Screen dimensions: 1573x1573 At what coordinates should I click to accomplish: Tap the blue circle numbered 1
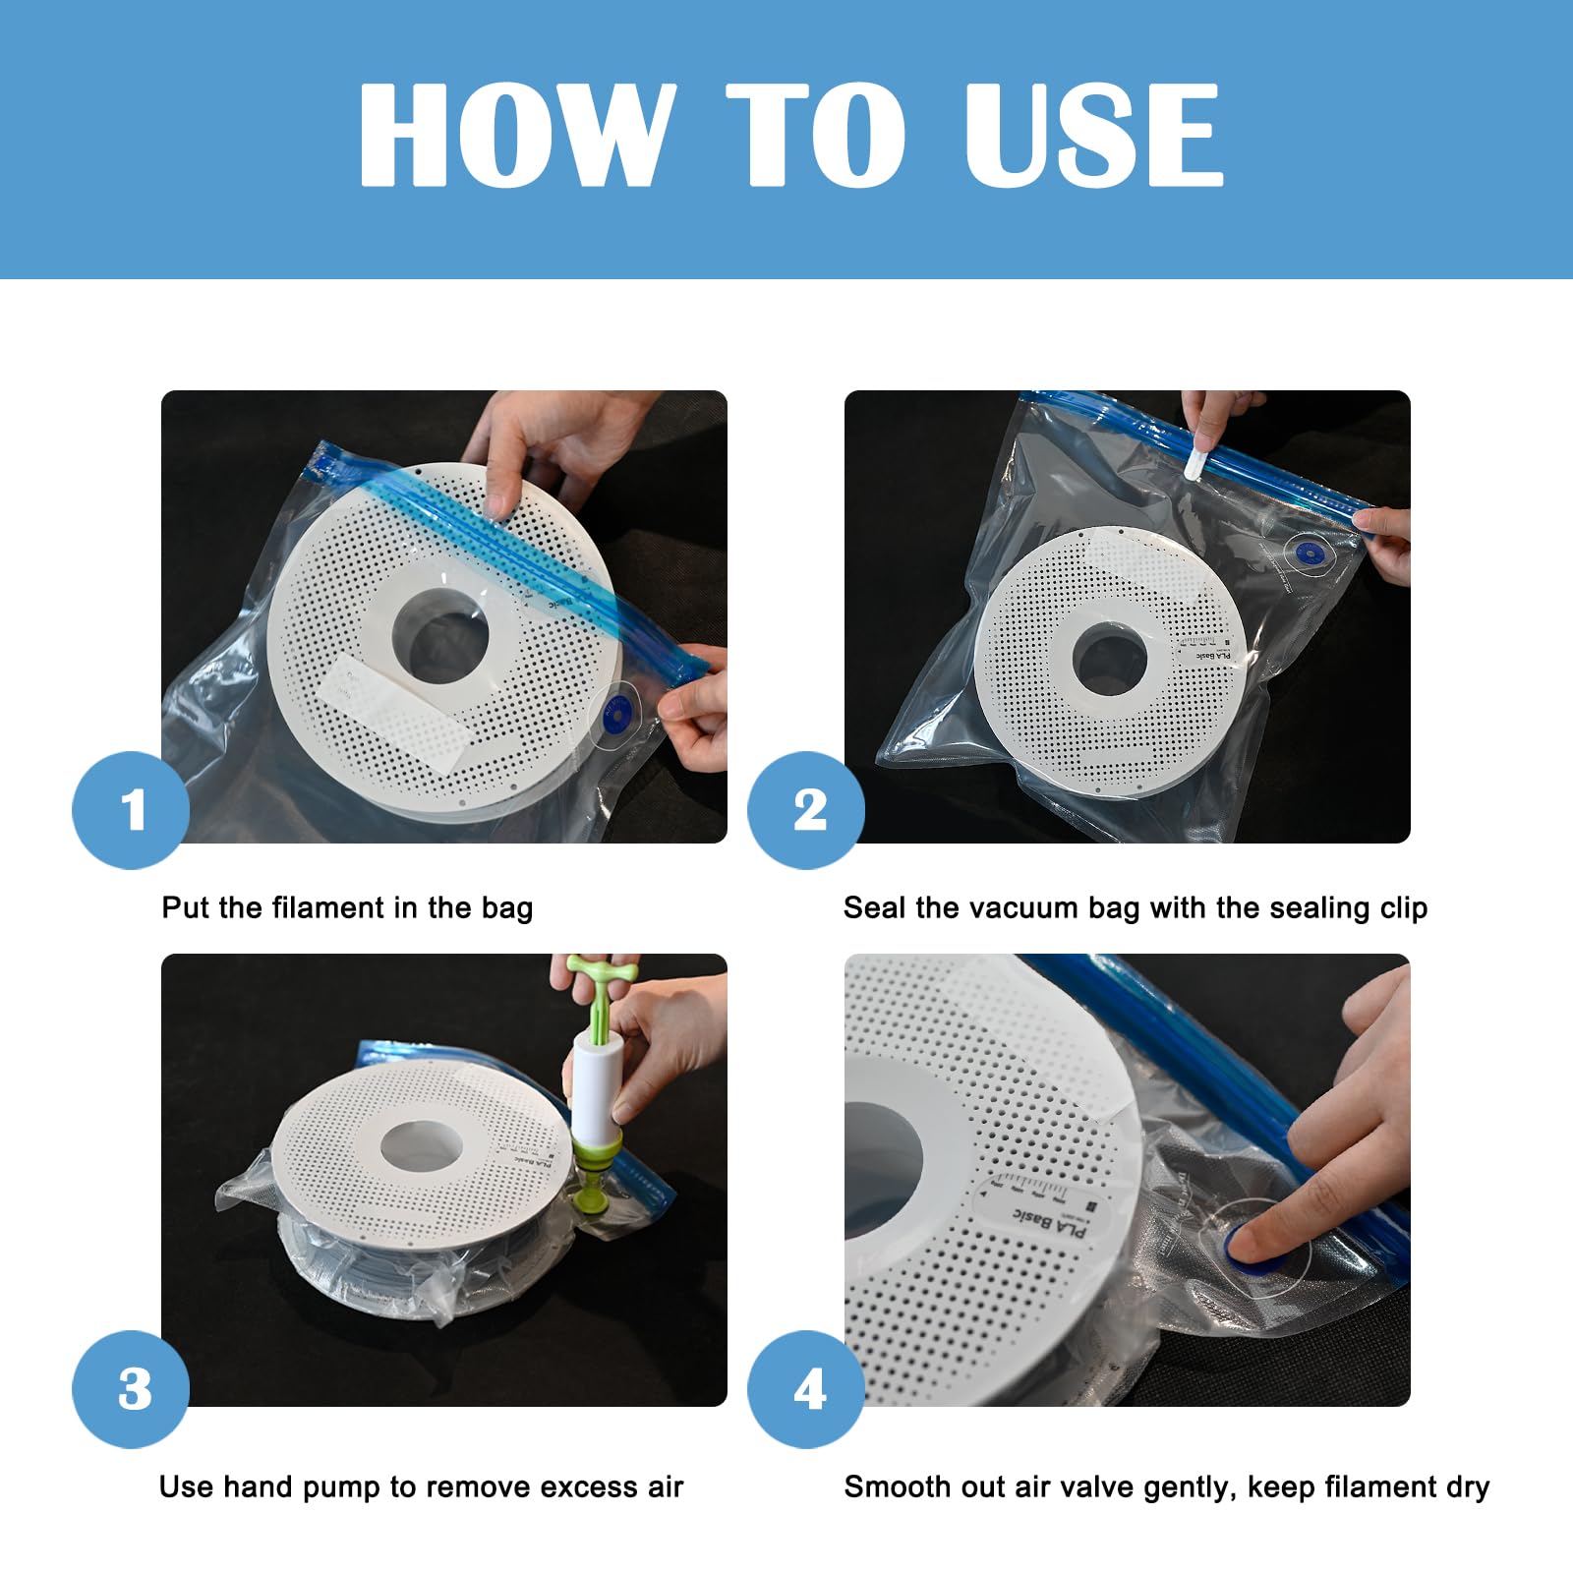click(x=131, y=810)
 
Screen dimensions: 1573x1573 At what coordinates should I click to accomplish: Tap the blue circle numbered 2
click(x=807, y=810)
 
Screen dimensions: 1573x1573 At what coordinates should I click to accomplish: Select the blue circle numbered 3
click(x=131, y=1389)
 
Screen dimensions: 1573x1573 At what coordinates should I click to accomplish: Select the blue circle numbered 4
click(x=807, y=1389)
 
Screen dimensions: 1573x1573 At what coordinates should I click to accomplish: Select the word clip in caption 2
click(x=1403, y=908)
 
